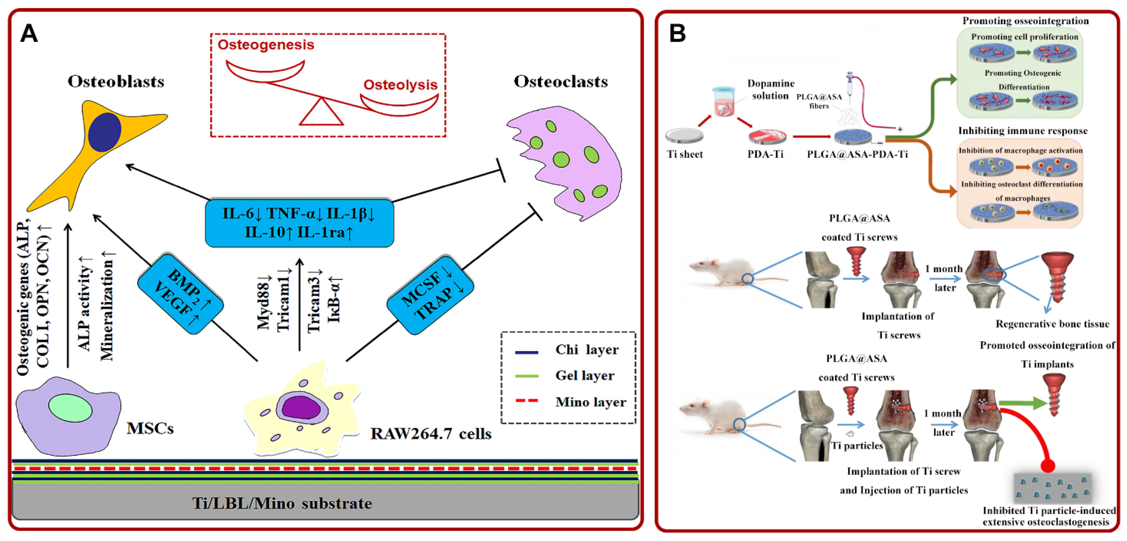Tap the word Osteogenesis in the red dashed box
click(x=266, y=45)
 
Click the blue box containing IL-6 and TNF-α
click(x=299, y=223)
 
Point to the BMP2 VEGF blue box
click(x=181, y=293)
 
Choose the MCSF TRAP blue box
click(x=430, y=294)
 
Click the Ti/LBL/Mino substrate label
click(x=282, y=503)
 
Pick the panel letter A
click(x=29, y=33)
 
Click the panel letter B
click(x=677, y=33)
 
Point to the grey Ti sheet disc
click(x=684, y=135)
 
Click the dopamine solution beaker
click(x=724, y=102)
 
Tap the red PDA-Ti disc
click(x=767, y=137)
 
